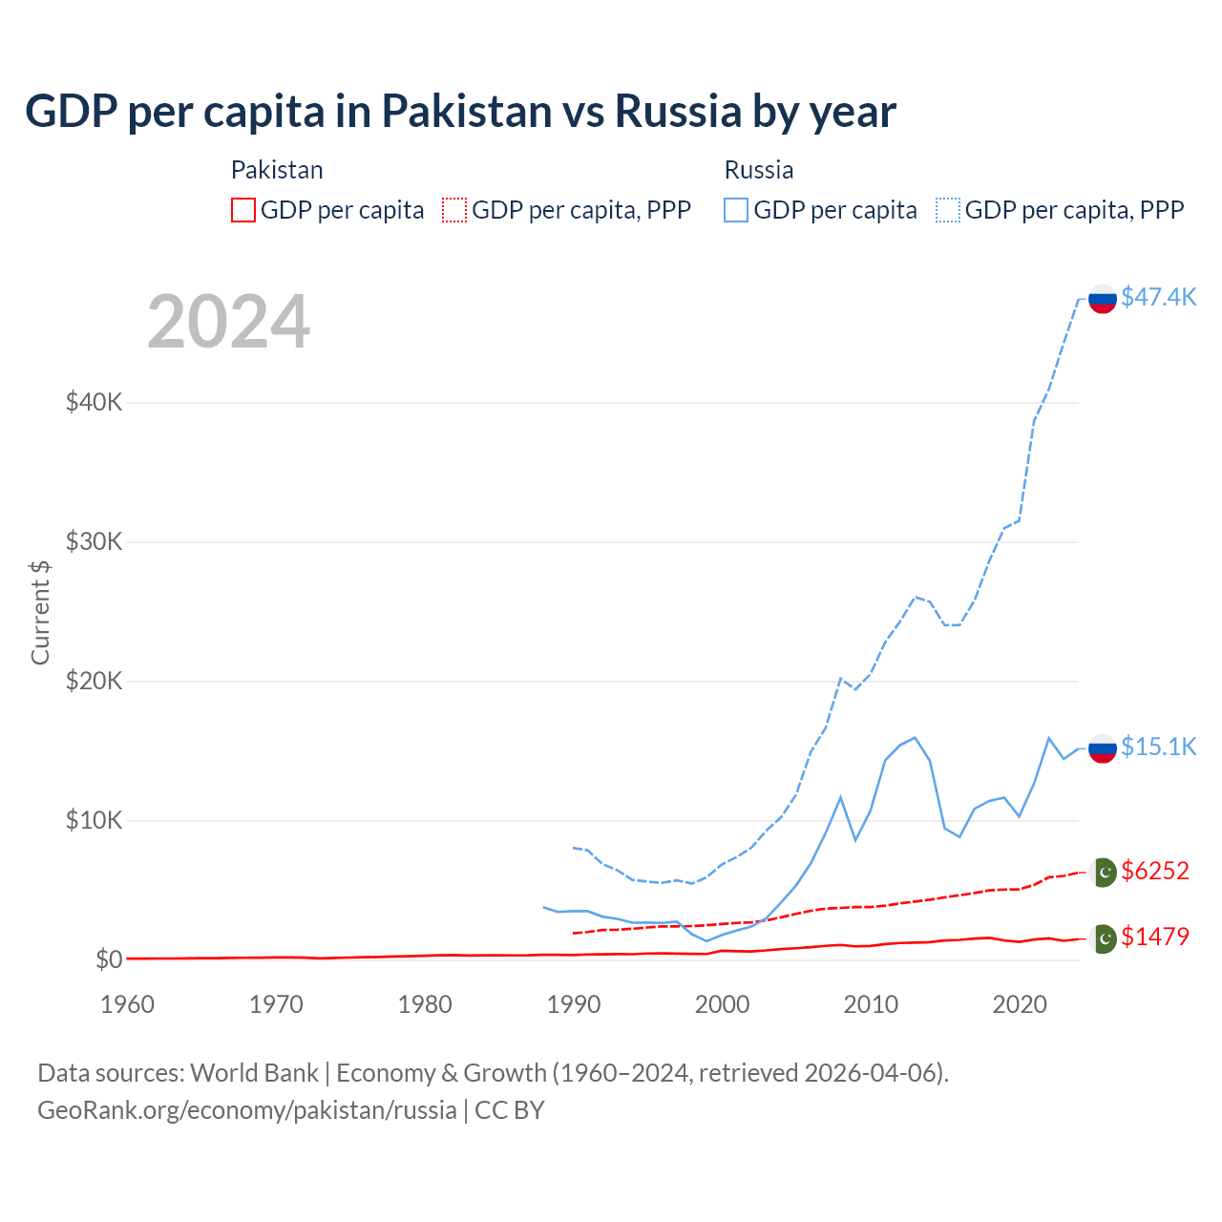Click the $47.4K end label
pos(1158,297)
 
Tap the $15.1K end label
pos(1158,747)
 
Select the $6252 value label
pos(1154,871)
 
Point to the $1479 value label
pos(1154,937)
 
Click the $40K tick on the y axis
pos(94,402)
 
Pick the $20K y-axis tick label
pos(94,681)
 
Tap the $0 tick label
pos(109,959)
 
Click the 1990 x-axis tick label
pos(574,1004)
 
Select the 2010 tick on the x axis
pos(871,1004)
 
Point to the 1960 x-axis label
pos(127,1004)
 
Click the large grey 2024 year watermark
pos(228,322)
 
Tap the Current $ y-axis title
pos(40,612)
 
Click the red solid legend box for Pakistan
pos(243,210)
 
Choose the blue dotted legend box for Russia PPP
pos(948,210)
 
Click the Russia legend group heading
pos(759,170)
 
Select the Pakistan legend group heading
pos(277,170)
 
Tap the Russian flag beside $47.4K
pos(1103,299)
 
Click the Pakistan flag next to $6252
pos(1103,872)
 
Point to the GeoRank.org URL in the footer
pos(246,1110)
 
